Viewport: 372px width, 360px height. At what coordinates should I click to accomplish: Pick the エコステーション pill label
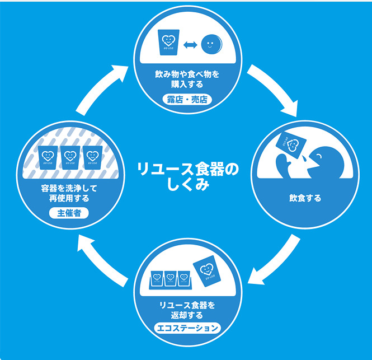[x=187, y=328]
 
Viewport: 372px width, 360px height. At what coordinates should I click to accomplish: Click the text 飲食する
[x=305, y=198]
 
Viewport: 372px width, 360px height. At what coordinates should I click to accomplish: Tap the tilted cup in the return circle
[x=206, y=269]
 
